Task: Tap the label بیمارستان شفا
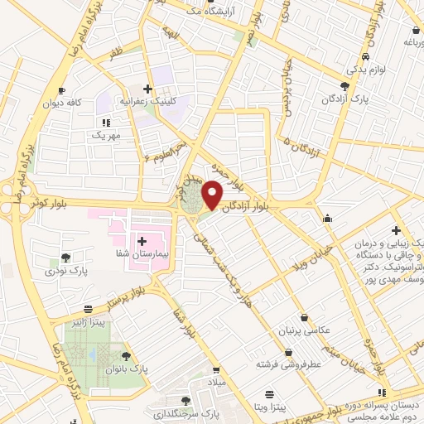point(142,255)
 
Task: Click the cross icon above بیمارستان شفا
point(142,240)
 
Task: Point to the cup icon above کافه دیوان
point(62,89)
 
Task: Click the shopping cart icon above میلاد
point(216,370)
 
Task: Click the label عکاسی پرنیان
point(306,330)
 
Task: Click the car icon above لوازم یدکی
point(365,57)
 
